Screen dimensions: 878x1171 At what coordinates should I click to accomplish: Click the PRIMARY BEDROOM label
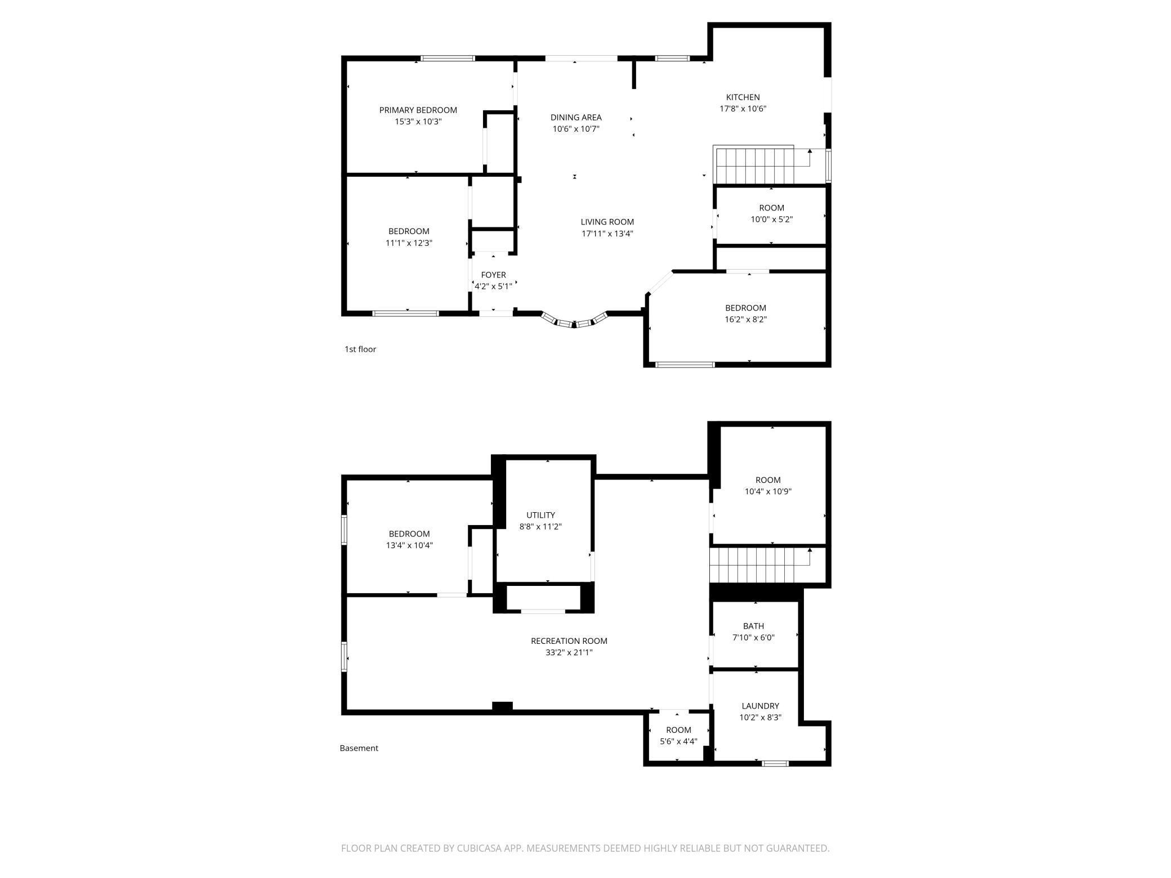click(x=418, y=110)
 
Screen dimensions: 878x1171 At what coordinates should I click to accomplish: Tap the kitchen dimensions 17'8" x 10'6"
click(x=743, y=109)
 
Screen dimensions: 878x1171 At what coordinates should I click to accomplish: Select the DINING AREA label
click(x=575, y=117)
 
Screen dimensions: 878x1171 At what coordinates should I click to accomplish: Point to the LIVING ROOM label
click(x=607, y=222)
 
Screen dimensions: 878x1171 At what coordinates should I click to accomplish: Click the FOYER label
click(x=493, y=275)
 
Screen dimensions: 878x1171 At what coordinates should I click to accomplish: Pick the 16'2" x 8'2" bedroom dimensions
click(x=745, y=319)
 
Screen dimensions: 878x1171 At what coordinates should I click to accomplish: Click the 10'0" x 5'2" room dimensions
click(x=771, y=219)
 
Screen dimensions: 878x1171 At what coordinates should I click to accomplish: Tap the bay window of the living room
click(x=574, y=322)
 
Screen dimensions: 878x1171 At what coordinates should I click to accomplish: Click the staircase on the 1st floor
click(x=754, y=165)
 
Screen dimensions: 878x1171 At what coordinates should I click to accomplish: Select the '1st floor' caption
click(x=360, y=349)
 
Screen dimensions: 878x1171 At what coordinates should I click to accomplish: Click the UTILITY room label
click(x=540, y=515)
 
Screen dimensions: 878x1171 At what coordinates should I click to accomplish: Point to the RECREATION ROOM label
click(x=569, y=640)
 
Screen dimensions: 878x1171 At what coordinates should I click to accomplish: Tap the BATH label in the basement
click(x=753, y=626)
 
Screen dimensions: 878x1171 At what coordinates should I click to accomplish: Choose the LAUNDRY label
click(x=760, y=706)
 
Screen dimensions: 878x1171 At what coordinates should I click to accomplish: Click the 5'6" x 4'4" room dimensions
click(x=678, y=741)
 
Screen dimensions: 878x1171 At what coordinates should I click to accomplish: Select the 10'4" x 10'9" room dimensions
click(x=768, y=491)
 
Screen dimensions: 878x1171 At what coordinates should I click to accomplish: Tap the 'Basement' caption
click(x=359, y=748)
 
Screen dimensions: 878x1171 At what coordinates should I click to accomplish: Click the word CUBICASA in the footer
click(x=480, y=848)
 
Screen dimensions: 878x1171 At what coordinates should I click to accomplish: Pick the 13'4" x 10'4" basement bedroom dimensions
click(x=409, y=545)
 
